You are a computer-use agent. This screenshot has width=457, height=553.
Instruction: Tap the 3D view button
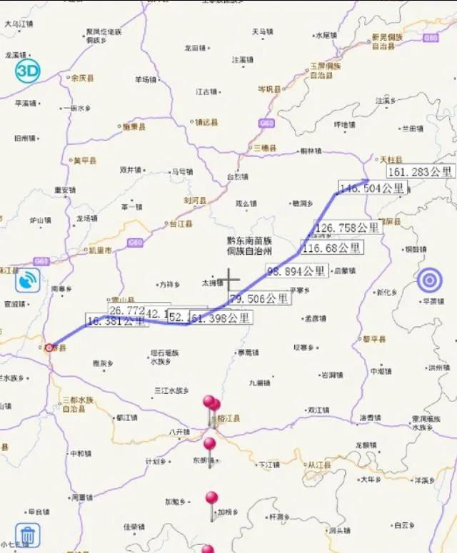click(28, 70)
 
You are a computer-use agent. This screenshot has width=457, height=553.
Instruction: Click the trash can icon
click(27, 534)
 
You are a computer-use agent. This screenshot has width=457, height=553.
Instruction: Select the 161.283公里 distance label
click(421, 171)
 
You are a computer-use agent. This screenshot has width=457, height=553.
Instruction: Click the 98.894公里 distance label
click(297, 272)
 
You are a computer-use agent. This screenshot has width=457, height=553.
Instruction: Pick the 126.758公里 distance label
click(348, 228)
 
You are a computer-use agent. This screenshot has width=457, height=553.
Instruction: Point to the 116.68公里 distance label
click(331, 248)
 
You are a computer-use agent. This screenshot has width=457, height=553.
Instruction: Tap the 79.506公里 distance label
click(258, 298)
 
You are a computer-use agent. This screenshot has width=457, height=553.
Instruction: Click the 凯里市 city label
click(100, 250)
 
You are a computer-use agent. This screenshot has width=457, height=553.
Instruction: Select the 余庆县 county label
click(81, 78)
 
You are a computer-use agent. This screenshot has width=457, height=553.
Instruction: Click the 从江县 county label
click(319, 465)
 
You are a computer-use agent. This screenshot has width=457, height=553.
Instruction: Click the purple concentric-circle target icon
click(428, 280)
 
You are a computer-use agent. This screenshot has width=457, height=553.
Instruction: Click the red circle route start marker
click(49, 347)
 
